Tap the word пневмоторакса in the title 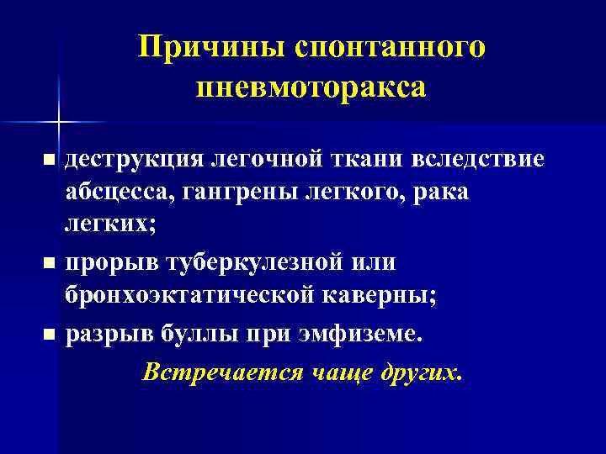coord(311,87)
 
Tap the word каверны coord(373,298)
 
